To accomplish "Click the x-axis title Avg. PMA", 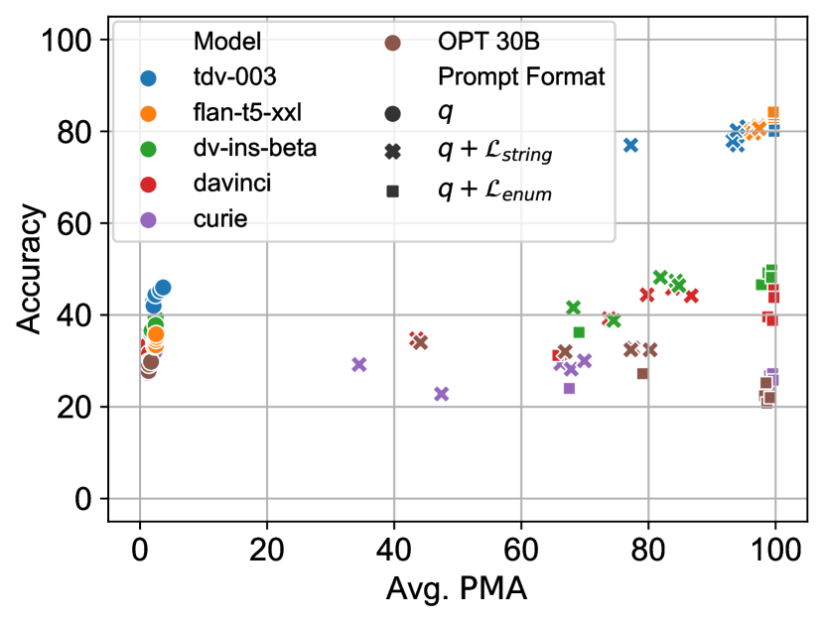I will [456, 589].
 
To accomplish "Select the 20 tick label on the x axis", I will [266, 549].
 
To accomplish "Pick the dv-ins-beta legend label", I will [254, 150].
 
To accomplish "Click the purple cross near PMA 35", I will [359, 364].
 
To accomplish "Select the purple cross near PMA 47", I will [442, 394].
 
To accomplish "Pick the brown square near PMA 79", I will [642, 373].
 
